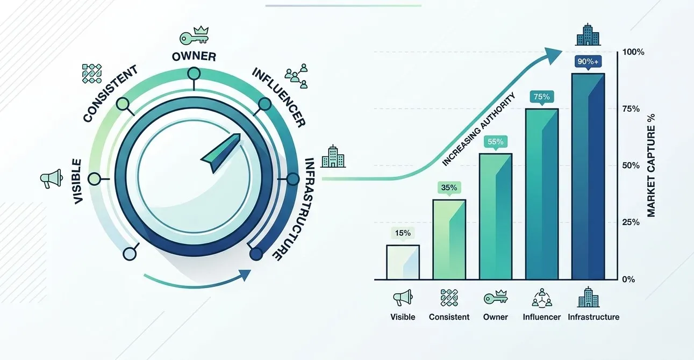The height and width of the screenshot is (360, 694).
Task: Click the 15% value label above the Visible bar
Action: coord(403,233)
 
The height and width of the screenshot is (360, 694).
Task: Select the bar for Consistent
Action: coord(449,240)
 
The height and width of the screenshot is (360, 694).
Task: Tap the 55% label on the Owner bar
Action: coord(495,142)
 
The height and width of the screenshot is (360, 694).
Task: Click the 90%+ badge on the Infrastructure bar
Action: coord(588,62)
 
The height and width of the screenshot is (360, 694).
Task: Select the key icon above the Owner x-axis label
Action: coord(495,297)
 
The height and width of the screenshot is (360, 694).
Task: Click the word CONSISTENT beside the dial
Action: coord(111,93)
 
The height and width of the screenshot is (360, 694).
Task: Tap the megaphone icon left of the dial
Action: coord(48,178)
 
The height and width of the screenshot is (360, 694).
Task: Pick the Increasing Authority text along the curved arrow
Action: coord(478,129)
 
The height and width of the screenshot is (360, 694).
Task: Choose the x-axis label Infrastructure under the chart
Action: coord(593,317)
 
